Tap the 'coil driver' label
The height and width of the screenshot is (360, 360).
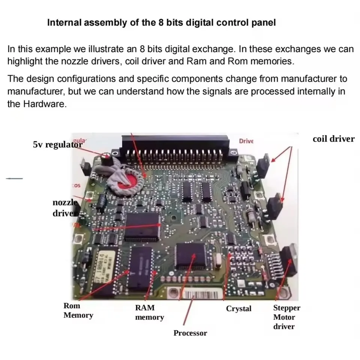tap(333, 139)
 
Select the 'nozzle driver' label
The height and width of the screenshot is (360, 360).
tap(65, 208)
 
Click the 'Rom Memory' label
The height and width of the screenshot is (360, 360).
tap(78, 310)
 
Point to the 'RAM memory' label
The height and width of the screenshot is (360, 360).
tap(149, 313)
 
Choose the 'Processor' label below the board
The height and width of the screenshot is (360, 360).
tap(190, 333)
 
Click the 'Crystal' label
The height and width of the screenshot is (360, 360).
tap(238, 309)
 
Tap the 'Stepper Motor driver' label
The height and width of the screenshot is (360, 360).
tap(286, 317)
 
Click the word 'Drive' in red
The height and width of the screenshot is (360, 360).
tap(246, 141)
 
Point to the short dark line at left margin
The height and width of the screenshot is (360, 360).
tap(14, 178)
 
